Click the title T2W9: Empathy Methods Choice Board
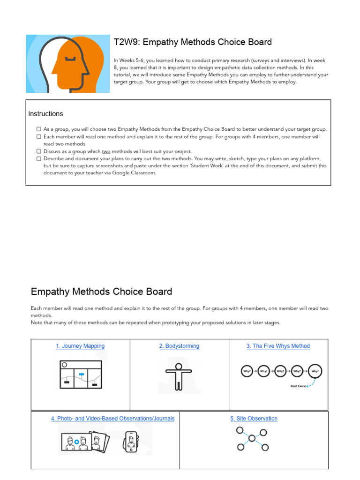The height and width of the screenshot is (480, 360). (x=193, y=42)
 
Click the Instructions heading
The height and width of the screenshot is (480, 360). (x=45, y=114)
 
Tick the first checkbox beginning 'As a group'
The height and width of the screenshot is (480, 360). (x=39, y=129)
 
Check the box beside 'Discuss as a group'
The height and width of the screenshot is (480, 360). (x=39, y=151)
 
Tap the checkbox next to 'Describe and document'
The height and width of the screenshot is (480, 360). (x=39, y=158)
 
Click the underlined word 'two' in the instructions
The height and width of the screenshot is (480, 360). (x=106, y=151)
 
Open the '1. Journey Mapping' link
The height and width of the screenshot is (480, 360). (x=80, y=346)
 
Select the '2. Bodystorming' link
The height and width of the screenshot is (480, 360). (x=179, y=346)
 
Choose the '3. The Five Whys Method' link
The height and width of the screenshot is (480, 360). (x=278, y=346)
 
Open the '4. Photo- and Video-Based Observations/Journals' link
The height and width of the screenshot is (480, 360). (x=112, y=419)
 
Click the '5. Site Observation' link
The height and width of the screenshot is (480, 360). (x=254, y=419)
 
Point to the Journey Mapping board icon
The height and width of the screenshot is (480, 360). (x=81, y=374)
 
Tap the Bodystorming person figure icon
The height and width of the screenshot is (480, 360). (x=179, y=376)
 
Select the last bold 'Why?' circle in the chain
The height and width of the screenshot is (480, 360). (x=315, y=371)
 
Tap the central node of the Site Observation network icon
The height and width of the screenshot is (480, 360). (x=252, y=438)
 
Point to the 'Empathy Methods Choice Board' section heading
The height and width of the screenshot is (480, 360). (x=101, y=292)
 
